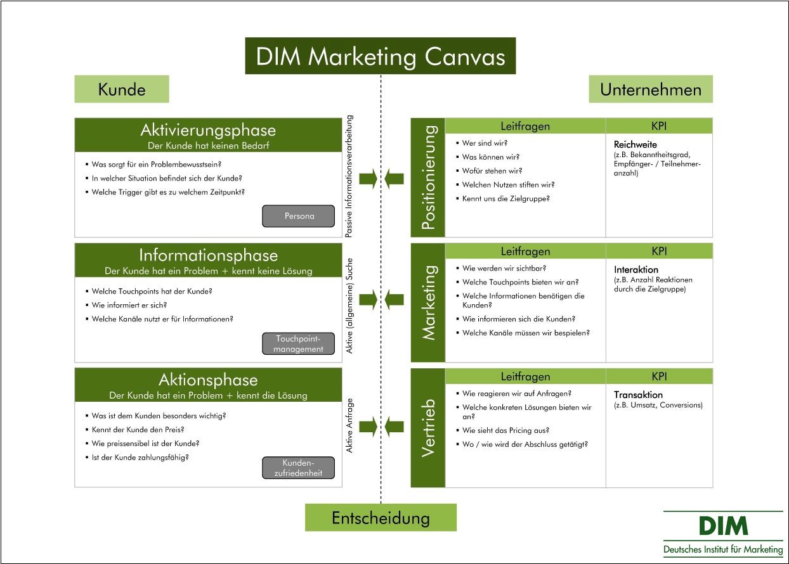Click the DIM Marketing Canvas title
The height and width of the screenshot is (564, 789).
380,56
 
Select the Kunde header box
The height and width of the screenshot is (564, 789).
122,89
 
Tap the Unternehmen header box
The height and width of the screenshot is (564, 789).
650,89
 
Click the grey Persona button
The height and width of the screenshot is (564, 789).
298,216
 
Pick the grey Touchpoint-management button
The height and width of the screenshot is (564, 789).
298,343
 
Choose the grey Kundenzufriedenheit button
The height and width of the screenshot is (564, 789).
298,468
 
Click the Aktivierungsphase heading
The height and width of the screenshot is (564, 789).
208,131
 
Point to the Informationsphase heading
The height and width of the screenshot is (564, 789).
208,255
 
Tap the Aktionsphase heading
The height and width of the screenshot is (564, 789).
208,380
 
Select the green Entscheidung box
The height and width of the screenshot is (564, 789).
381,518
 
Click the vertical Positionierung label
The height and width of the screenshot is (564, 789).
429,177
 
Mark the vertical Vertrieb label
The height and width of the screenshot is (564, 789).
429,428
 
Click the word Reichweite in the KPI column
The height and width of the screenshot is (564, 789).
636,144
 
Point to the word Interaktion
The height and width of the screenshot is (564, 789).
636,270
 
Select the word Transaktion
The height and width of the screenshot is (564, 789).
638,395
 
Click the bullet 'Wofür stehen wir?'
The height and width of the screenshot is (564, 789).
492,171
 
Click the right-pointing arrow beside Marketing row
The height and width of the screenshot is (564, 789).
368,299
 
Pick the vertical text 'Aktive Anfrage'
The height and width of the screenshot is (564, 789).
349,425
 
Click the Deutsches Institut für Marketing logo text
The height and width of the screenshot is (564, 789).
723,549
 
